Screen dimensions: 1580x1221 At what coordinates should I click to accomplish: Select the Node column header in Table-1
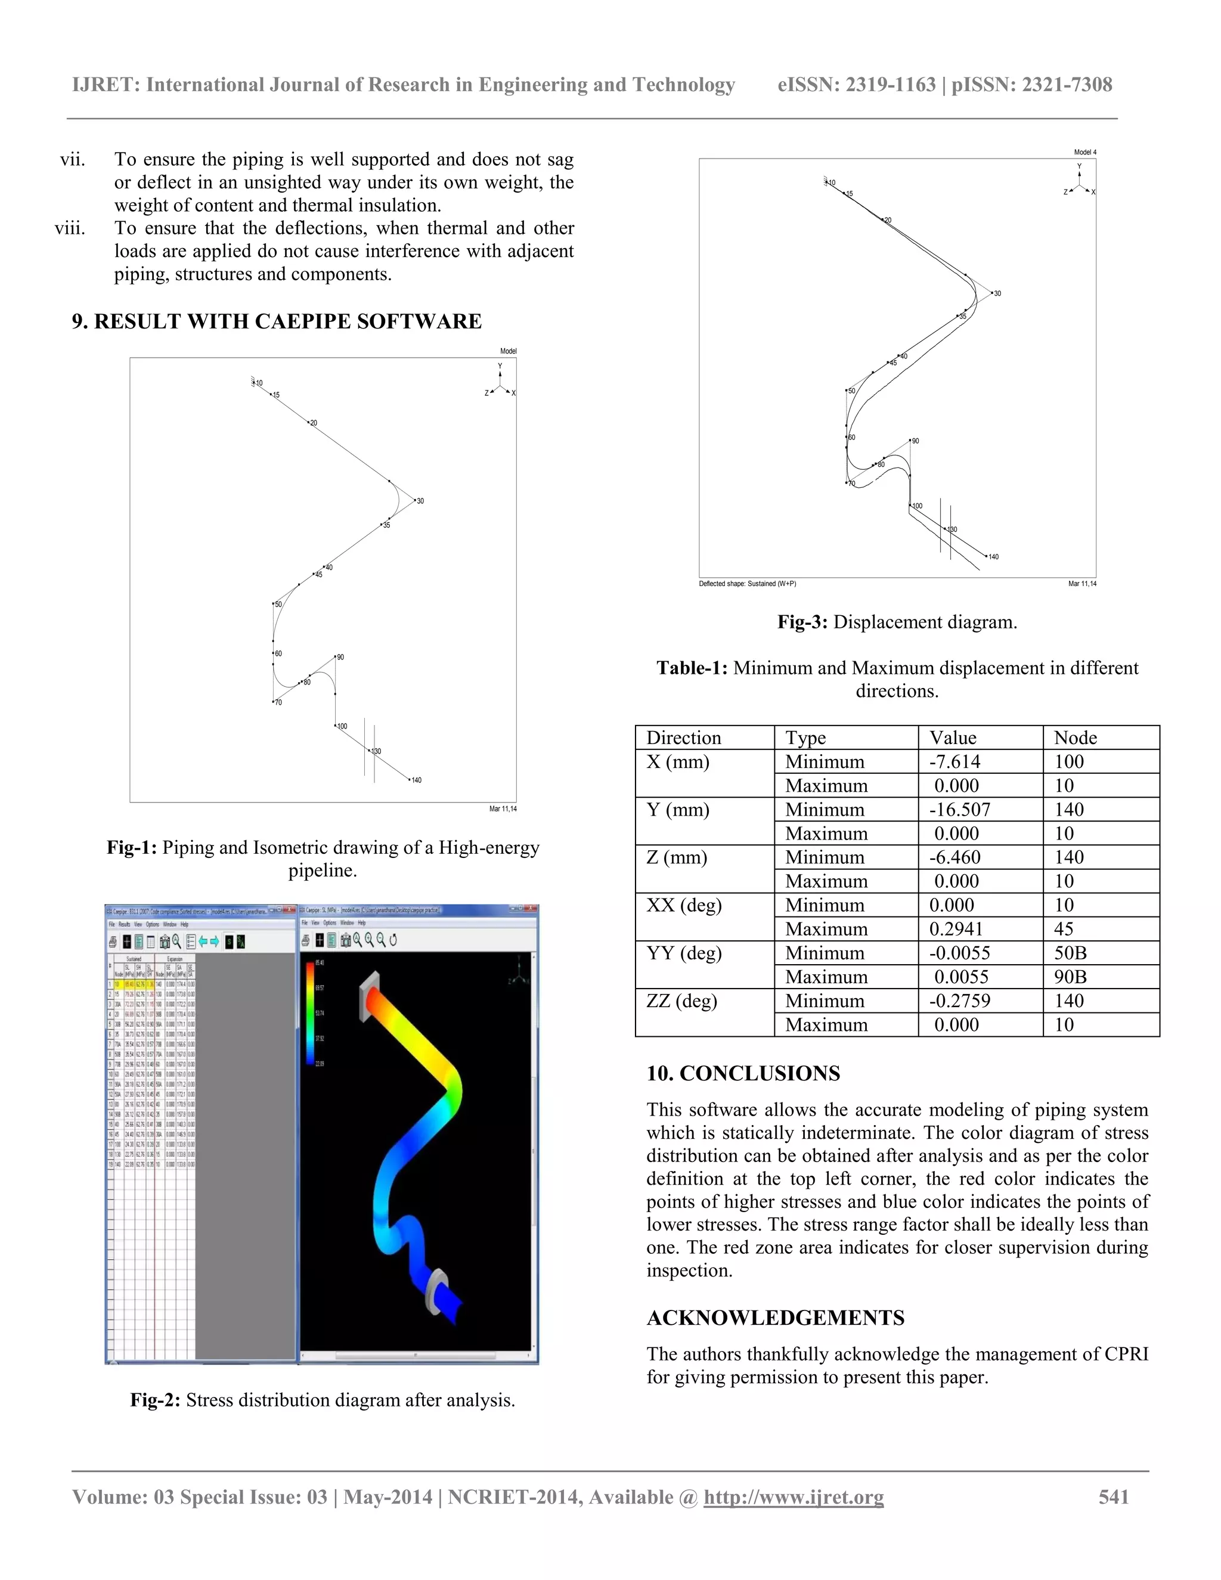(1075, 738)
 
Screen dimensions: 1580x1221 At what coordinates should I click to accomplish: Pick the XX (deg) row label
(684, 905)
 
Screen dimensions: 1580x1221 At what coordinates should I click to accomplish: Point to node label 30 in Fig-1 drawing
(420, 501)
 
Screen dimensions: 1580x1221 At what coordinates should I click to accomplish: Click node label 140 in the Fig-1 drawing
(416, 780)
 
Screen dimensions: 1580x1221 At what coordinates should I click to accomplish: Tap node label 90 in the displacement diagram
(915, 441)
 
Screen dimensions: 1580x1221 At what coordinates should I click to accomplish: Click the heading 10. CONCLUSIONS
(743, 1074)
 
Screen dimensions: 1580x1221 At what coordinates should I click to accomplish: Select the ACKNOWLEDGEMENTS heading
(774, 1318)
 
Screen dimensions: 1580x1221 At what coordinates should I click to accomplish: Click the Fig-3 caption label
(801, 622)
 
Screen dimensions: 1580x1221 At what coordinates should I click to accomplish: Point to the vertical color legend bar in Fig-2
(310, 1013)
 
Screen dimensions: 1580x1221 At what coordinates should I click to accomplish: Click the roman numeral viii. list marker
(70, 228)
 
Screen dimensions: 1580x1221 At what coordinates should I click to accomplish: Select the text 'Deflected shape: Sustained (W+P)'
(747, 584)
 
